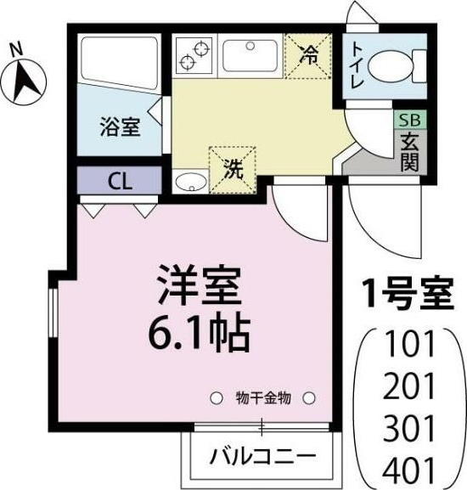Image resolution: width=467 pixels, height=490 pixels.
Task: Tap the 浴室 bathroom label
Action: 120,129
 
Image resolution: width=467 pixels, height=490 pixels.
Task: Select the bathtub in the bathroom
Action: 120,62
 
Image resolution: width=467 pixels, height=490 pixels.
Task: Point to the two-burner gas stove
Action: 194,55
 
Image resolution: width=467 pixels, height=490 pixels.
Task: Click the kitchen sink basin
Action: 250,56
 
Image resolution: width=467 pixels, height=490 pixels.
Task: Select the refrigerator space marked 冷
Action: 308,56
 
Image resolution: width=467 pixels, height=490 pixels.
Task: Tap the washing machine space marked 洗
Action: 230,167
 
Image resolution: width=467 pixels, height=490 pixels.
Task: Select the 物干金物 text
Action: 263,397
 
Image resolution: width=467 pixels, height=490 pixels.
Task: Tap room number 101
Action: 409,345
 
